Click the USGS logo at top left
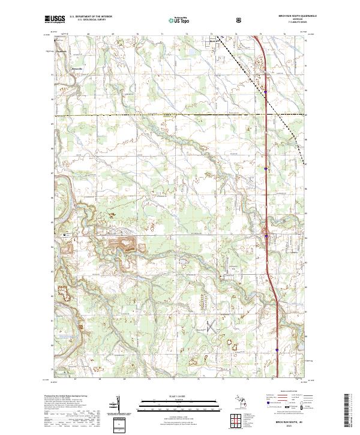pyautogui.click(x=55, y=20)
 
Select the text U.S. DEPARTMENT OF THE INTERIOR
pyautogui.click(x=91, y=17)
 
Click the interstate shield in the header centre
pyautogui.click(x=239, y=20)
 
